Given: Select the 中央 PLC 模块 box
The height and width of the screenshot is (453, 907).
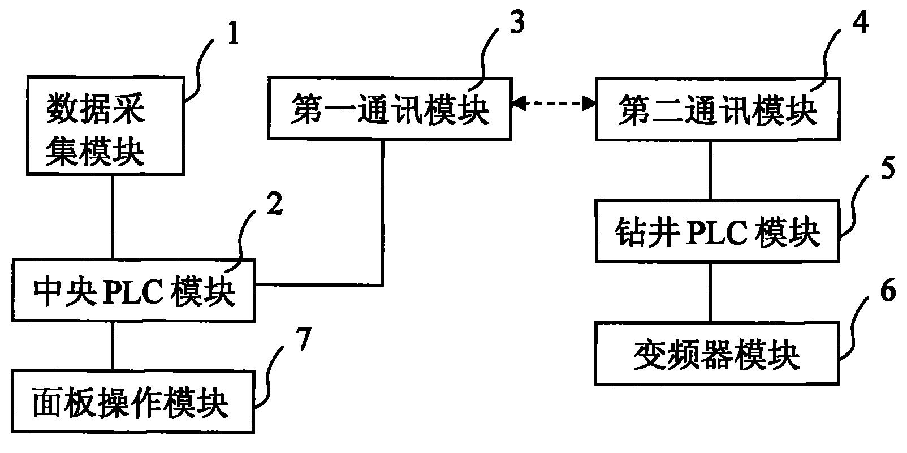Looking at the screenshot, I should tap(133, 291).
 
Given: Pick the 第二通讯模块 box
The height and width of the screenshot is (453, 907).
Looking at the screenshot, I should tap(718, 109).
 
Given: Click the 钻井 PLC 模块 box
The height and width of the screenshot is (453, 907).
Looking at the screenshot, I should tap(718, 230).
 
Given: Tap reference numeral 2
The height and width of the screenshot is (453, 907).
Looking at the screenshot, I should tap(274, 205).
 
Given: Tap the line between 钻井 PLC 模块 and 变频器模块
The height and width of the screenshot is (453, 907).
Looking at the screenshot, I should tap(711, 292).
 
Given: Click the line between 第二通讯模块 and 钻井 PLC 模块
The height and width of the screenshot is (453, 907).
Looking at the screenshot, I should tap(711, 169).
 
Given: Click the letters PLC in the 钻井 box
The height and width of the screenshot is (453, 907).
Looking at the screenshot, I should tap(716, 231).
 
